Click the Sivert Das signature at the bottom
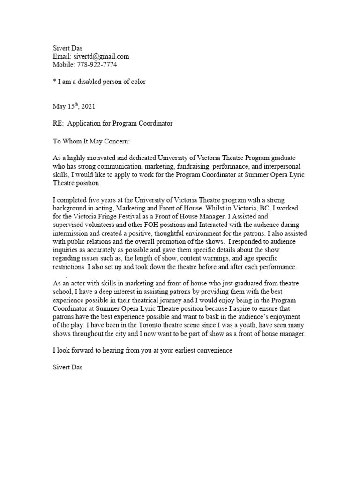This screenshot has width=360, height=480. tap(68, 368)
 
